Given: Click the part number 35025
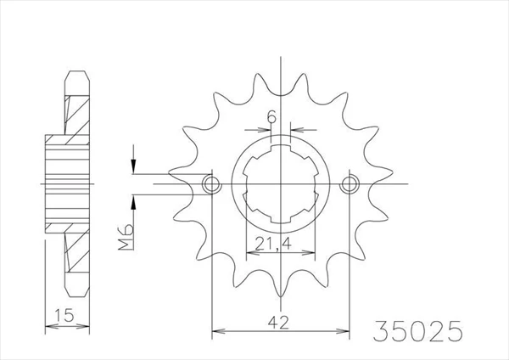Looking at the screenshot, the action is (x=417, y=330).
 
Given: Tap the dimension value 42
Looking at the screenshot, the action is (x=278, y=323).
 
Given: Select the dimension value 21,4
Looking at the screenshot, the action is (x=273, y=244).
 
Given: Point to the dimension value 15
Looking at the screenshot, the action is (x=64, y=315).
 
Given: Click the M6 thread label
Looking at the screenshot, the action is (x=126, y=237).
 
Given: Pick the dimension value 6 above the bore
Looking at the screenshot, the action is (x=271, y=116).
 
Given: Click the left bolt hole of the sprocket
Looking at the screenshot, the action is (x=211, y=184).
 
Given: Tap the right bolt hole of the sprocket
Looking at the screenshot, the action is (x=350, y=184).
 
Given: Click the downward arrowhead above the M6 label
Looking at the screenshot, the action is (x=133, y=166).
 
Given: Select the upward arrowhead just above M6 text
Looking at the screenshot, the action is (x=133, y=202).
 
